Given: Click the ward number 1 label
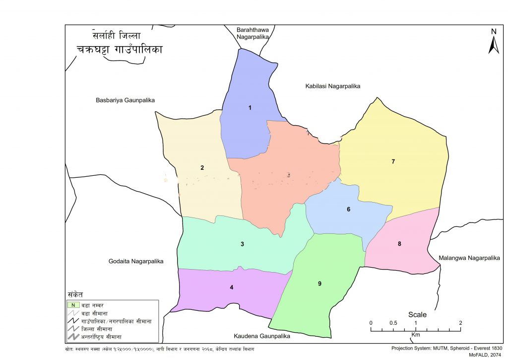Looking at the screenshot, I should (250, 108).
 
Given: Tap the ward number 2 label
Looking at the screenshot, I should (202, 168).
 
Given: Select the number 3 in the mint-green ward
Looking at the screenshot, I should (242, 244).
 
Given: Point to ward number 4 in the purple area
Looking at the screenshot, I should (231, 287).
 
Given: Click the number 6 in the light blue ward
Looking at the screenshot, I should (348, 210).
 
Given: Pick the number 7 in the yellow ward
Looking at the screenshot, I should (393, 161).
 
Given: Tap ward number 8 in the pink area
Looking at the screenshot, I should (399, 243).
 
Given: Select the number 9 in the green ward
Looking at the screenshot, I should (319, 284).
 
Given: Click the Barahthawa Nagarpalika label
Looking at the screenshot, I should (253, 33).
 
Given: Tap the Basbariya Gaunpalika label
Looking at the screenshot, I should (125, 100).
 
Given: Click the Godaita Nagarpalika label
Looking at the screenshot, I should (136, 261).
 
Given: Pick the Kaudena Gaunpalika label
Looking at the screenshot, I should (261, 336).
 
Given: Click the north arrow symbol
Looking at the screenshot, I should (493, 42).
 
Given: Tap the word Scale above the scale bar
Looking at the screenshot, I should (417, 314).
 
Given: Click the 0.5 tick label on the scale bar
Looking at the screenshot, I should (393, 323).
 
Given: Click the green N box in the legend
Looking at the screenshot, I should (73, 305).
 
